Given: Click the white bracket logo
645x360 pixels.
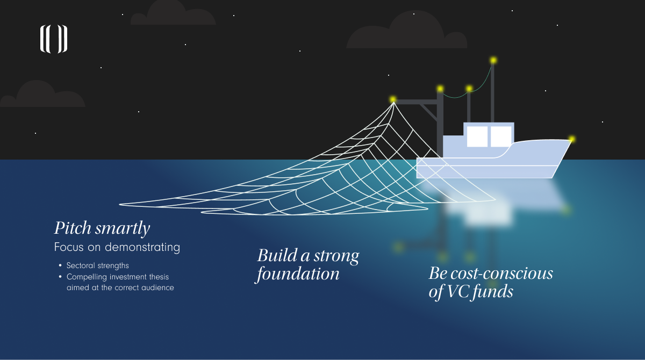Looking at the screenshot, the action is point(54,40).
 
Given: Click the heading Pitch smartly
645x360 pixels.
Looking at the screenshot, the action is point(102,228).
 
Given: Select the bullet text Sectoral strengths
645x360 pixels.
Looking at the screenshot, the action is point(97,265).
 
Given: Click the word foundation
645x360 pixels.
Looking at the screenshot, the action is point(298,274).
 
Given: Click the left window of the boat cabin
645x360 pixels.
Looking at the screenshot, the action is point(477,136).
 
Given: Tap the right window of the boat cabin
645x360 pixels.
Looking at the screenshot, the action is point(501,136).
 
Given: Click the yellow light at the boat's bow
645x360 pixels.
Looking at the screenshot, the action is point(572,139).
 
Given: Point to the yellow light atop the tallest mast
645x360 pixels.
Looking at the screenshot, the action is point(493,60).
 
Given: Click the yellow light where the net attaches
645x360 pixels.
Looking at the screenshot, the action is point(393,99).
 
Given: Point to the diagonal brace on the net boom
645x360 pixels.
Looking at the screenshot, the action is point(428,113).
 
